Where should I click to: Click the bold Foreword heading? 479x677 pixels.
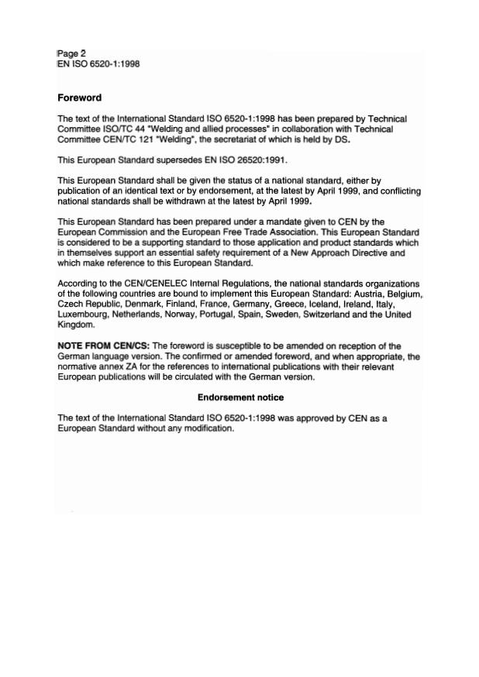pyautogui.click(x=79, y=98)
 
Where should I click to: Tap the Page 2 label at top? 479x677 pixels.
pyautogui.click(x=71, y=53)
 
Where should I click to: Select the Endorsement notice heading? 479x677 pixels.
pyautogui.click(x=240, y=397)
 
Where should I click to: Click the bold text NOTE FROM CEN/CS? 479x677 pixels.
pyautogui.click(x=104, y=345)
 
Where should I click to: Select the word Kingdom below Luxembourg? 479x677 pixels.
pyautogui.click(x=75, y=325)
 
